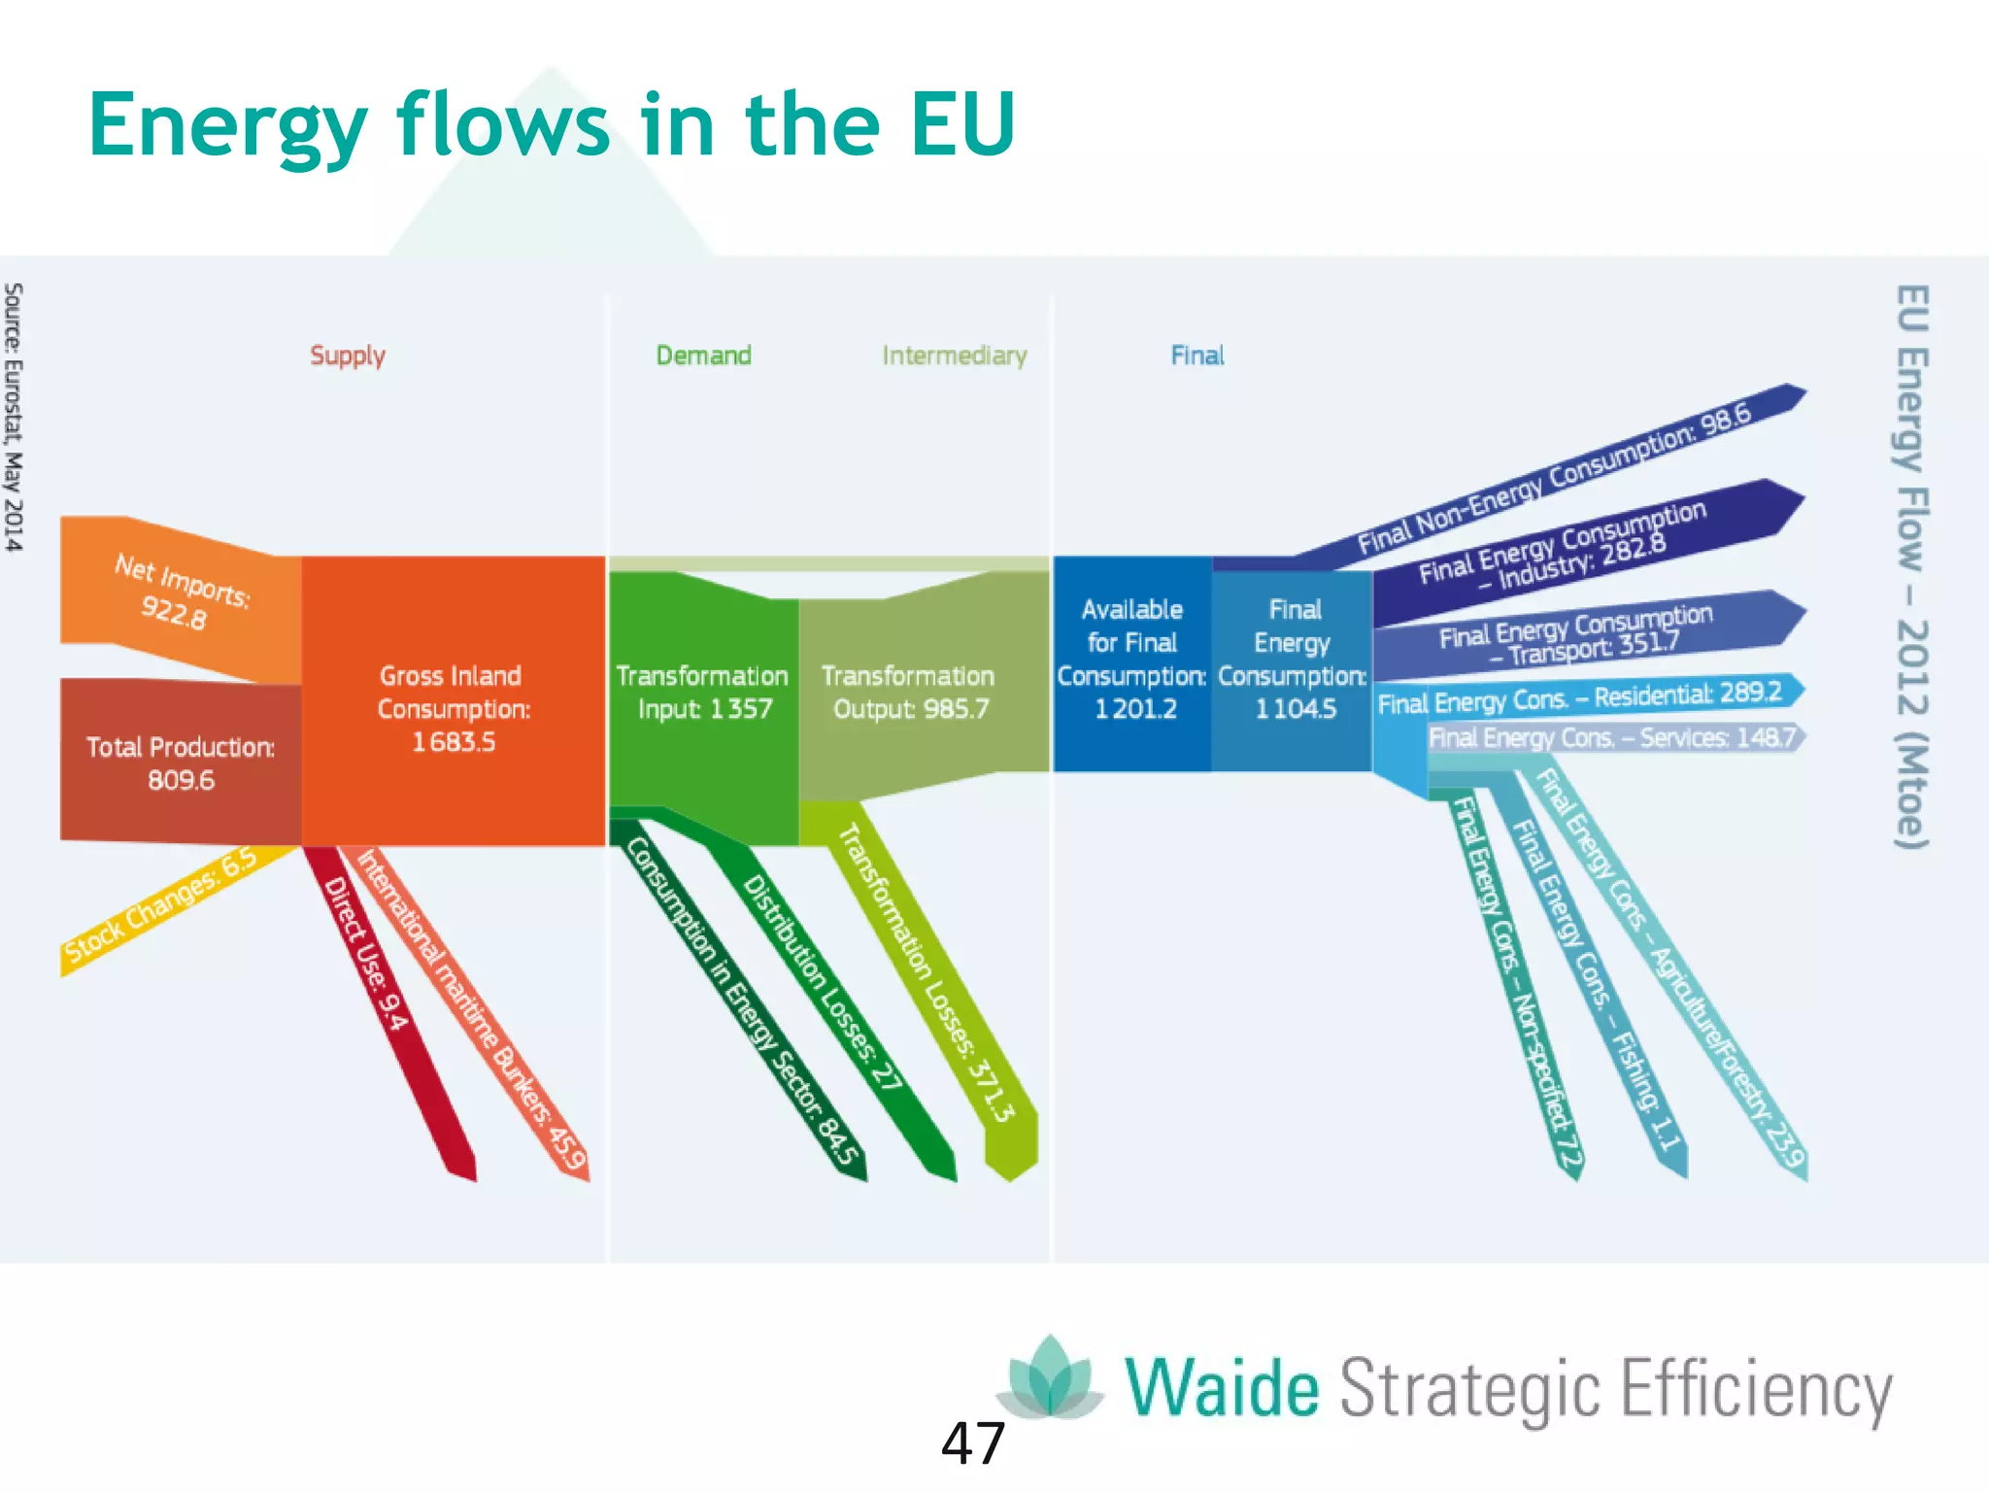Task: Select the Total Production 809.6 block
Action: coord(181,763)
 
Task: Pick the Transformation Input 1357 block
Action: coord(703,692)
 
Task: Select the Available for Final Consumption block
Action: coord(1132,659)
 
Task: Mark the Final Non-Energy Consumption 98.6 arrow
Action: coord(1554,476)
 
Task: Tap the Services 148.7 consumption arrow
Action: coord(1612,738)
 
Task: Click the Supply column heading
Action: coord(348,356)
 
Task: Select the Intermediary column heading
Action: coord(954,356)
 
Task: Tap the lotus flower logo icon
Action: coord(1050,1376)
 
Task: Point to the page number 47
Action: coord(973,1443)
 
